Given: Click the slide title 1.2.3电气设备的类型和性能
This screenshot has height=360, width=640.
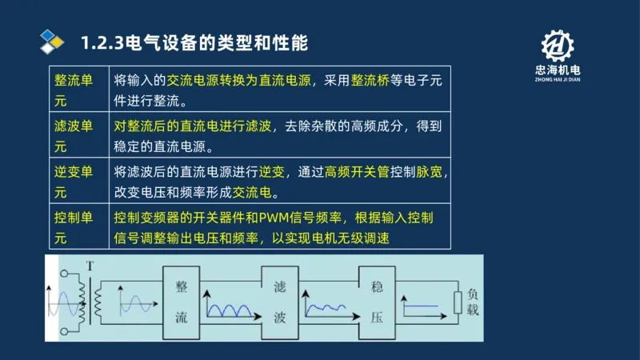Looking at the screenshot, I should coord(194,42).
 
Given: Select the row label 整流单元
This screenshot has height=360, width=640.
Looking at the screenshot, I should coord(73,90).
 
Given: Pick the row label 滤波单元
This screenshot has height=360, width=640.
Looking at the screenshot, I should coord(73,136).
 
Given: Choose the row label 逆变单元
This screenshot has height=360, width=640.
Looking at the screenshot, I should coord(73,182).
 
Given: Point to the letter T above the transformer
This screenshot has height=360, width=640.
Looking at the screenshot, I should coord(89,266).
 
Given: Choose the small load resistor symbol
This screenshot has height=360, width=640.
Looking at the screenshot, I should coord(457,302).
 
